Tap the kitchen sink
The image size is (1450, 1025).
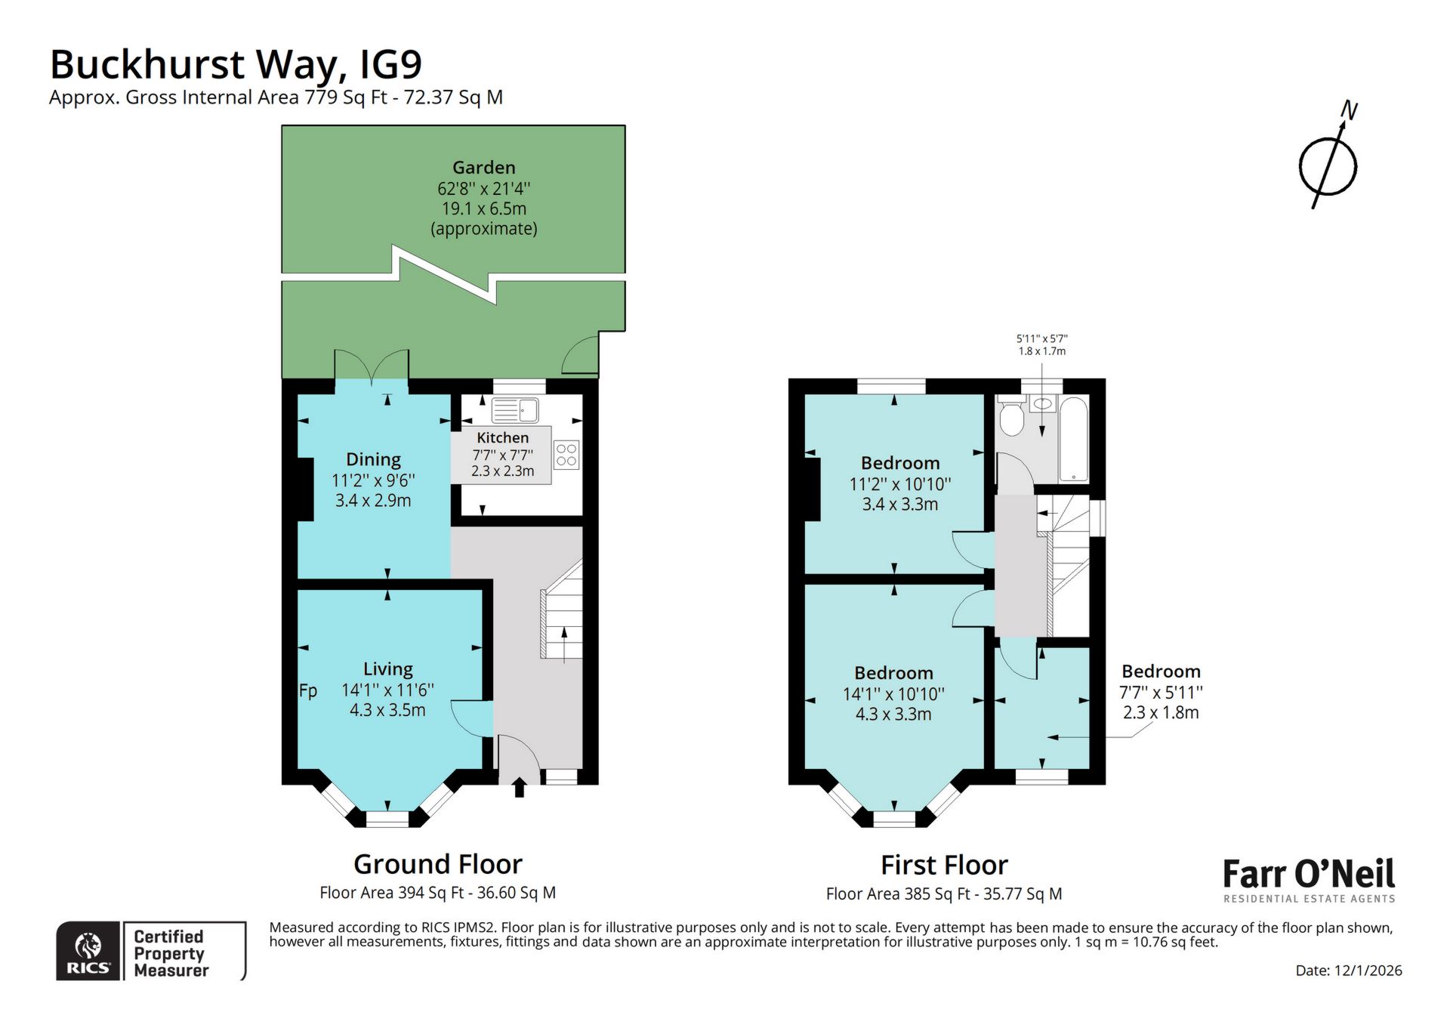coord(515,411)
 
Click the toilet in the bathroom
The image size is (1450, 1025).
coord(1010,418)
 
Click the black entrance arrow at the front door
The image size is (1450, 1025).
coord(520,789)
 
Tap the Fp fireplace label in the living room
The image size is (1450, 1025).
coord(308,690)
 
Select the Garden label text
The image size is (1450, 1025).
coord(483,168)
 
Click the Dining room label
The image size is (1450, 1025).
coord(373,459)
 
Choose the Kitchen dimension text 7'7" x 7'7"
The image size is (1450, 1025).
coord(502,455)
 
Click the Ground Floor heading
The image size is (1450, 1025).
coord(437,864)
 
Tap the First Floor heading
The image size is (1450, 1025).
coord(944,865)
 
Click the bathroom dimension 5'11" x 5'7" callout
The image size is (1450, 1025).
coord(1041,345)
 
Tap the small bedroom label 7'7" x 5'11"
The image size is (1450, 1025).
coord(1161,692)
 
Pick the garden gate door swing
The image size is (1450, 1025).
coord(580,357)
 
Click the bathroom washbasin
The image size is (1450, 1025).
coord(1042,403)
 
